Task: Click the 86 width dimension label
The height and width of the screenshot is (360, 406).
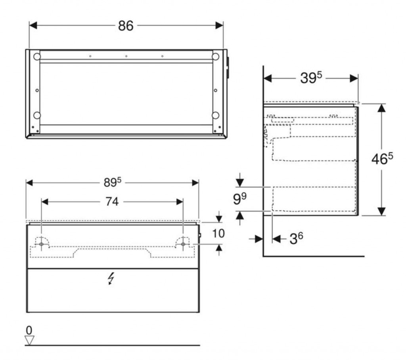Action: coord(126,26)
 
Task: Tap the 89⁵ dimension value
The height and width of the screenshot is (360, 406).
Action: coord(112,182)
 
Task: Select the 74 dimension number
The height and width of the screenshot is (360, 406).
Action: coord(112,201)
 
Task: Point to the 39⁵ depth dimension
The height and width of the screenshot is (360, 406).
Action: coord(311,77)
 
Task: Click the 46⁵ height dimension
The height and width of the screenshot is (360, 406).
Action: coord(382,158)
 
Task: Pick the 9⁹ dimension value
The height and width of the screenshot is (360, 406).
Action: coord(240,199)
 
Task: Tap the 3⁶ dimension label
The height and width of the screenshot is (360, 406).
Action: coord(296,239)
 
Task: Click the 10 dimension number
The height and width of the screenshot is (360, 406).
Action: coord(218,233)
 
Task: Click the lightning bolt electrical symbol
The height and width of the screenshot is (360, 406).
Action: coord(111,279)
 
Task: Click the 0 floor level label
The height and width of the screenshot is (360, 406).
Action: coord(29,331)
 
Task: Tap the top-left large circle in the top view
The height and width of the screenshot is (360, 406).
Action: coord(37,56)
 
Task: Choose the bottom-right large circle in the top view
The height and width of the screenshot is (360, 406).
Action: coord(215,115)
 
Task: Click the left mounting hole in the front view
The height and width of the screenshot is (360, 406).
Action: coord(41,244)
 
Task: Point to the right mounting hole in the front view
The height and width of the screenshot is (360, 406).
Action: coord(183,244)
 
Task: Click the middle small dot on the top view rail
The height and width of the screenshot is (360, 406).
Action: coord(126,56)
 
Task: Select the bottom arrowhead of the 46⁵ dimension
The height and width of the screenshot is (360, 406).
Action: coord(381,211)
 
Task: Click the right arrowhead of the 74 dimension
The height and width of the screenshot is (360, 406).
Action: coord(180,202)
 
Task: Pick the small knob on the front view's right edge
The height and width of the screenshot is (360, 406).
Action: coord(200,235)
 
